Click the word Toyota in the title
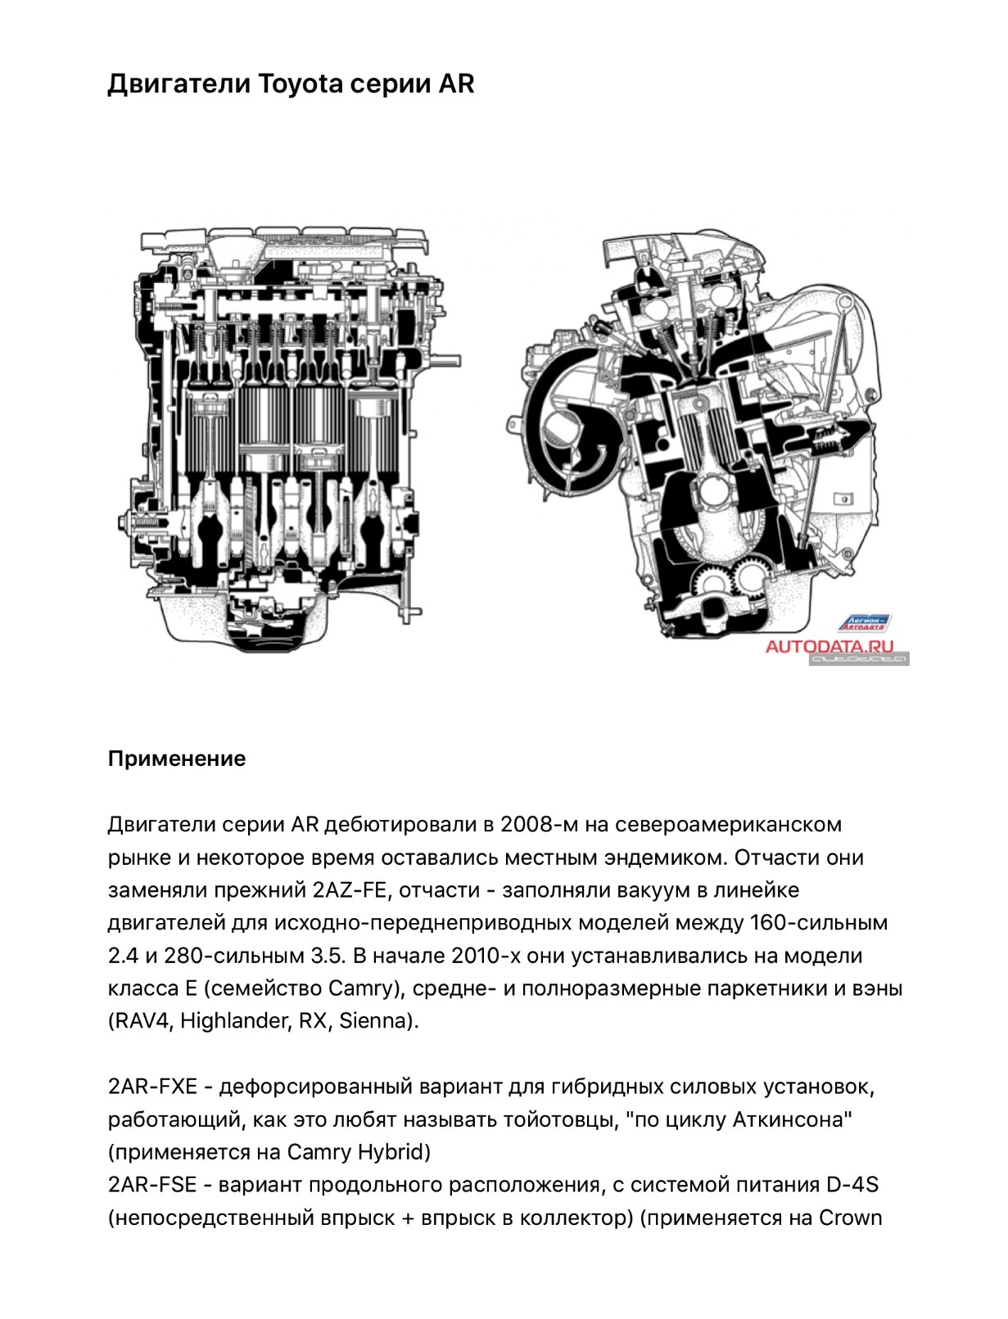coord(301,84)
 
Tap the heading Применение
coord(177,759)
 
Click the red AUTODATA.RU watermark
coord(829,646)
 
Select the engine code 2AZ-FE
coord(349,889)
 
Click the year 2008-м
coord(539,824)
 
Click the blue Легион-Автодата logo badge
coord(864,623)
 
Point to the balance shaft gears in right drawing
coord(730,579)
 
